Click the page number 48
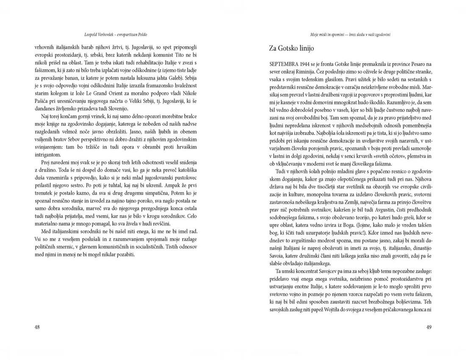point(37,327)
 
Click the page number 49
point(428,327)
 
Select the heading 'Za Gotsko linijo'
point(291,48)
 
